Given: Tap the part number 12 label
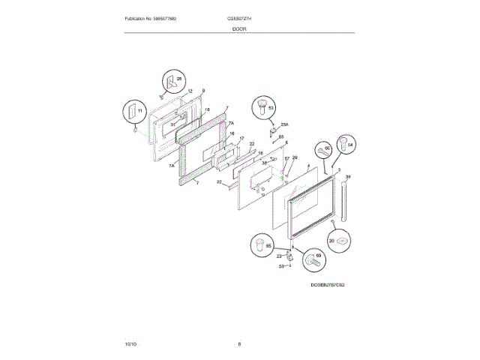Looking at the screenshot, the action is (x=190, y=91).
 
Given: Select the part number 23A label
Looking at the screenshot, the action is (x=284, y=124).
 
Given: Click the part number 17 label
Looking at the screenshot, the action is (x=241, y=139).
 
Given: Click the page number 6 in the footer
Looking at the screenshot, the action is (x=239, y=343).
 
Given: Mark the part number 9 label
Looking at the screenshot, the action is (x=202, y=91).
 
